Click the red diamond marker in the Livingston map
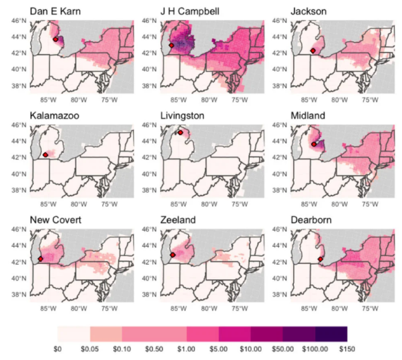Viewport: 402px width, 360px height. click(x=180, y=133)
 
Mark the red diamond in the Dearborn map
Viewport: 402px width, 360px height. click(x=320, y=259)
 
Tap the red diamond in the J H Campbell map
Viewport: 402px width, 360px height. click(x=171, y=45)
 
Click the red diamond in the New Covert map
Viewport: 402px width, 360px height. click(x=40, y=258)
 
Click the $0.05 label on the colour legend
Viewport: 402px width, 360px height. click(x=90, y=350)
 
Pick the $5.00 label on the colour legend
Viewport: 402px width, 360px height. click(x=218, y=350)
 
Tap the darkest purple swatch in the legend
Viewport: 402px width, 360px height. click(x=332, y=333)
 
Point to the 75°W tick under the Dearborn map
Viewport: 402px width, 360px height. click(x=369, y=309)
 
